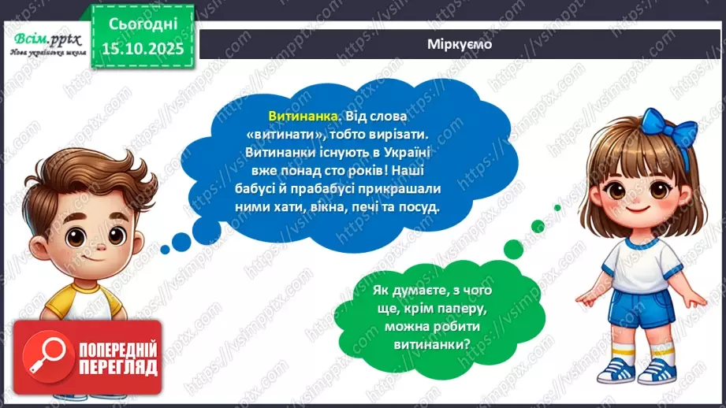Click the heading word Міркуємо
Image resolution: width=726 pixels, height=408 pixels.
(460, 44)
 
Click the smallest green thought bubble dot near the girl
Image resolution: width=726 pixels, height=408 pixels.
(557, 208)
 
